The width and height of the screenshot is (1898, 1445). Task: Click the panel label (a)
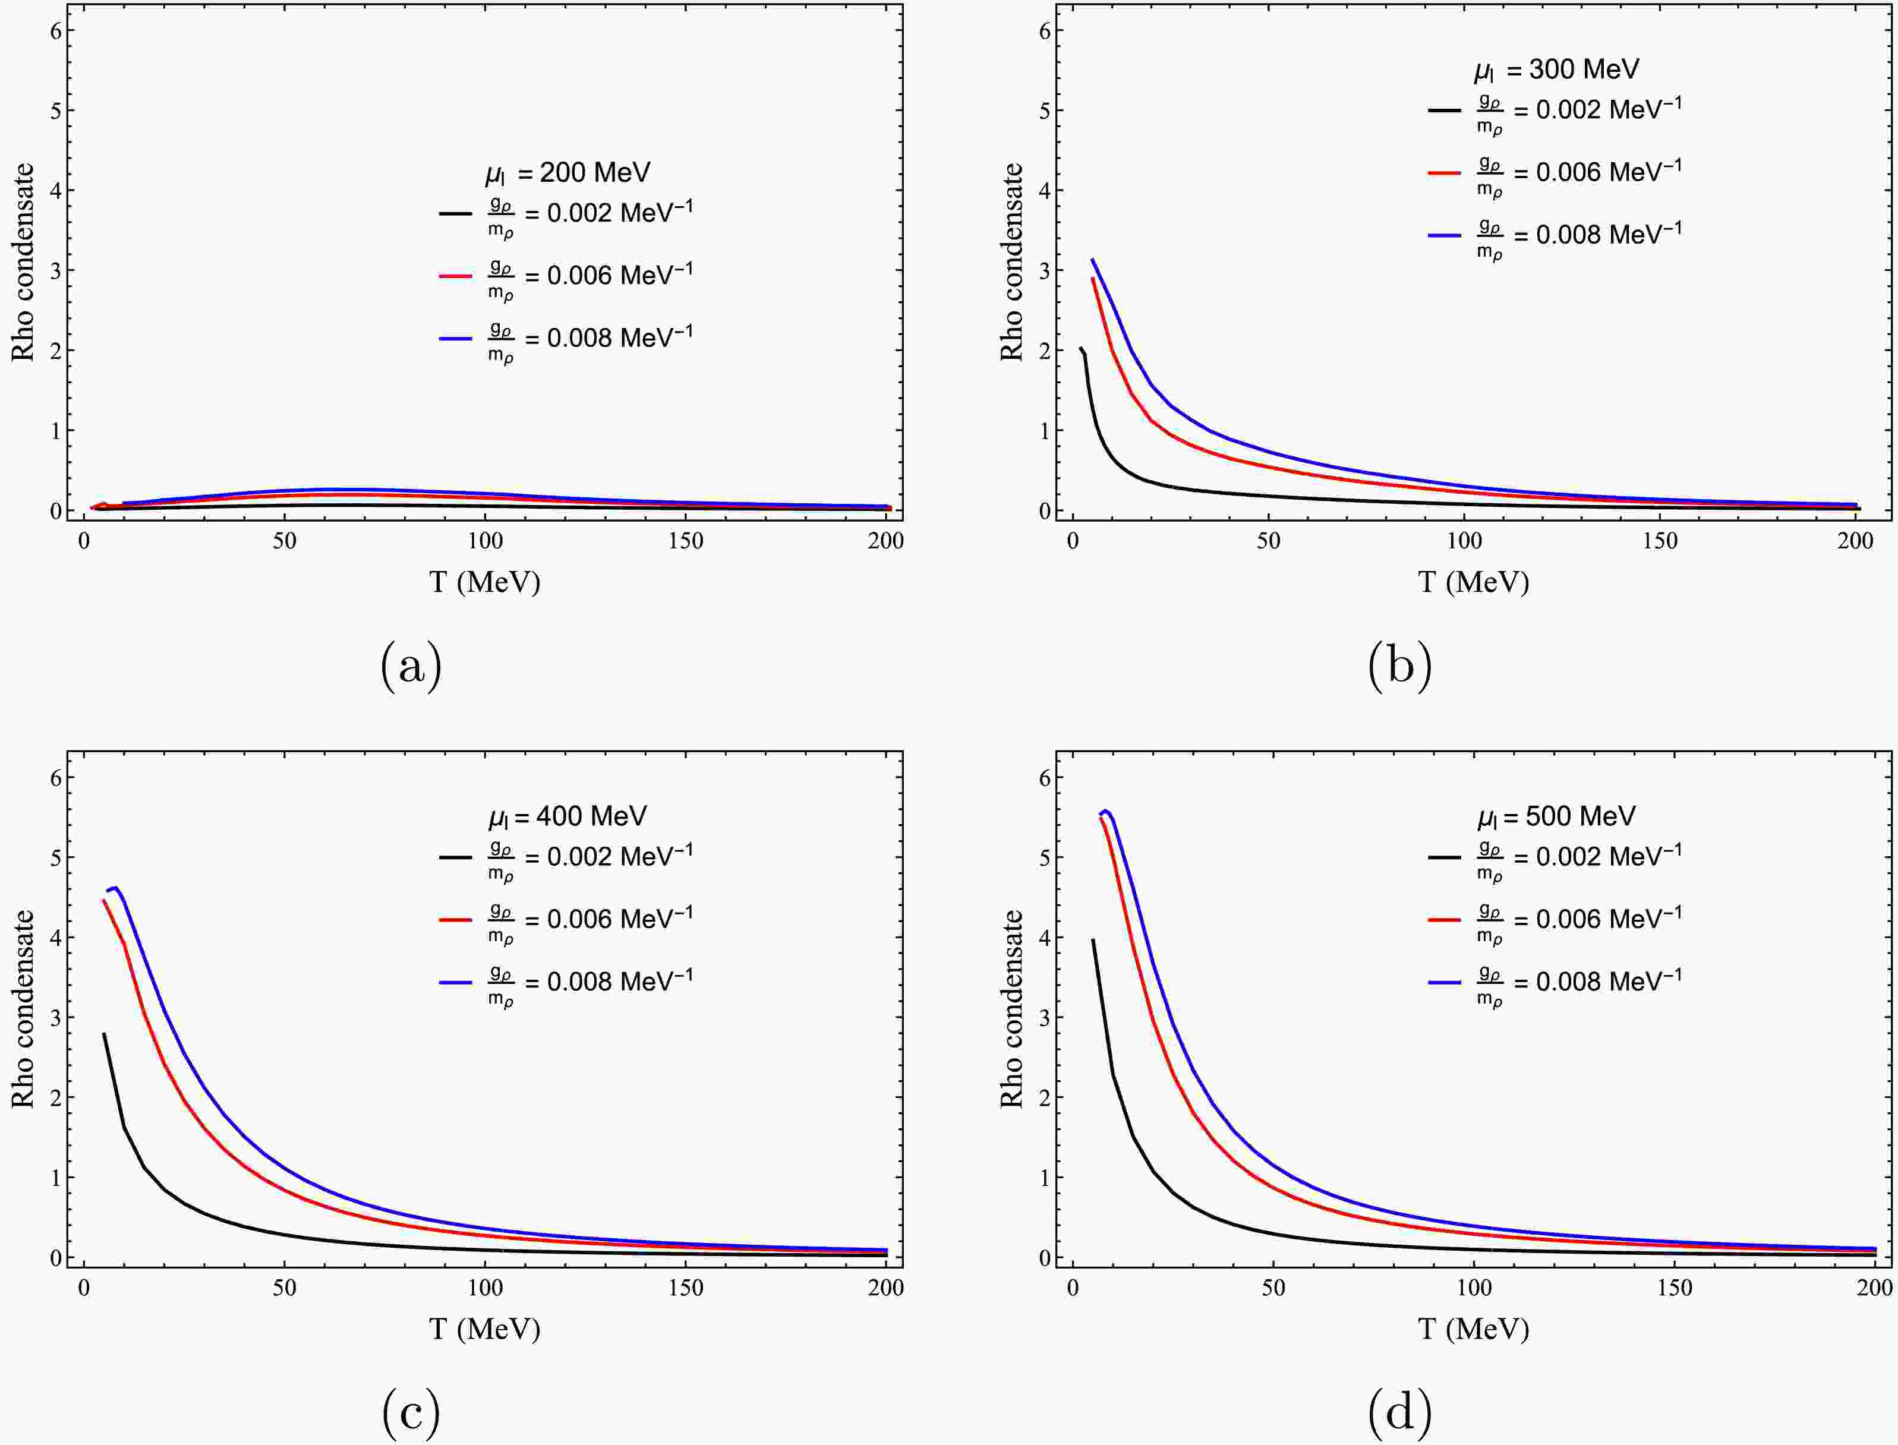point(411,667)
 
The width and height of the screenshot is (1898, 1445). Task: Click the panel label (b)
point(1399,667)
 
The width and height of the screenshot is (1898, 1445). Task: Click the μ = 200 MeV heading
point(567,173)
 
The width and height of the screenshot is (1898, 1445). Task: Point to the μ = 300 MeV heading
point(1556,70)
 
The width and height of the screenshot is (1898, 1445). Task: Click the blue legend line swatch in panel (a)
point(456,339)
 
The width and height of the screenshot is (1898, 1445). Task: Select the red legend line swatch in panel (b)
point(1445,173)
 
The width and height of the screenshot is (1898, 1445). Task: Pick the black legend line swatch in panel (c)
point(456,857)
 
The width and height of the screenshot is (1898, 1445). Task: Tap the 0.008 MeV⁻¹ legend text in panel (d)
point(1608,982)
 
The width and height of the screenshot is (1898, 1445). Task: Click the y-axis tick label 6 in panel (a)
point(57,30)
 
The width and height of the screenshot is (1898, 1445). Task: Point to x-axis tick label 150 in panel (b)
point(1660,541)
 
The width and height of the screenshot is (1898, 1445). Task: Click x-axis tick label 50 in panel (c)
point(285,1288)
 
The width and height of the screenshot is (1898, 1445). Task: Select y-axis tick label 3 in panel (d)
point(1045,1018)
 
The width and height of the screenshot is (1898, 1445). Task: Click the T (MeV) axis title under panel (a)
point(485,582)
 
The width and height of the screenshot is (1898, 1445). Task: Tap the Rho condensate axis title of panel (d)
point(1012,1008)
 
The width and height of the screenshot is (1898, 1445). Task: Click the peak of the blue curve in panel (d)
point(1106,810)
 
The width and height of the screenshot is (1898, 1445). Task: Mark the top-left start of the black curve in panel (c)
point(104,1034)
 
